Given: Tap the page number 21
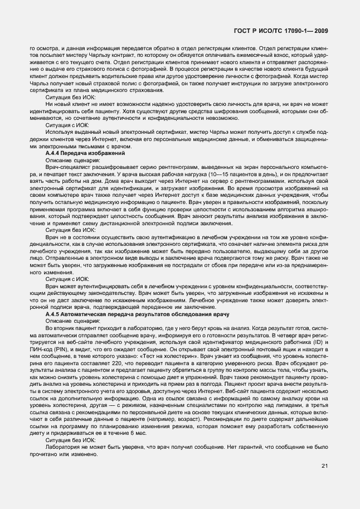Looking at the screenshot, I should [x=324, y=466].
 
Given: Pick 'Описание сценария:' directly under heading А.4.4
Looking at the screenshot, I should [x=69, y=159].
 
